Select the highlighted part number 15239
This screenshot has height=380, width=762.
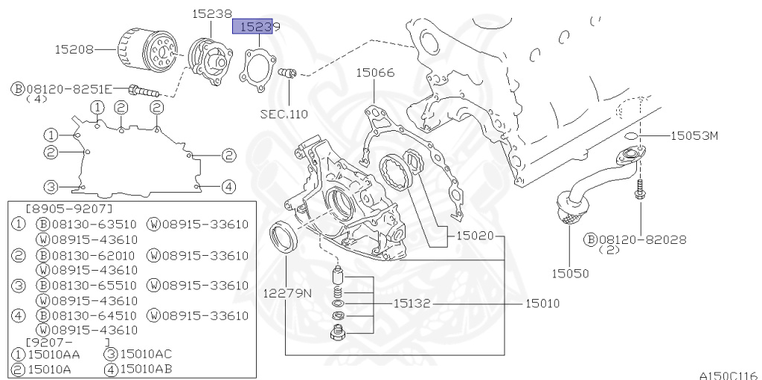click(256, 27)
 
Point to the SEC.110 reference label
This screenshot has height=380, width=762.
click(284, 115)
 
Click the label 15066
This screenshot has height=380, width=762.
click(374, 73)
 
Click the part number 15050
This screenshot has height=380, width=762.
click(569, 273)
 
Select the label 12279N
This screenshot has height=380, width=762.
click(286, 293)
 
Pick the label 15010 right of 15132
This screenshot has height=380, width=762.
click(542, 303)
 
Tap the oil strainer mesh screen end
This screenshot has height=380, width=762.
click(568, 216)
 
